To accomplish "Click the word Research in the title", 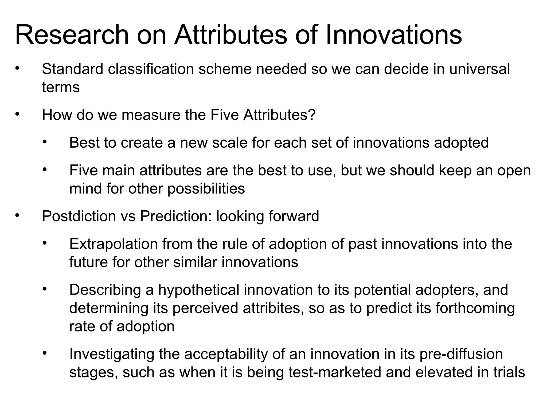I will (72, 35).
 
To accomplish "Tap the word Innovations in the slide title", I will (393, 35).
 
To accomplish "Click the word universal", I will (480, 69).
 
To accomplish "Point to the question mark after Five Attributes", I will (313, 115).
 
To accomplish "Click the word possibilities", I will (206, 189).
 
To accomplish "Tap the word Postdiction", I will (79, 216).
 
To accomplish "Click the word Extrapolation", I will (114, 244).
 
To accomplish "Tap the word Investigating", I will (112, 354).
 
